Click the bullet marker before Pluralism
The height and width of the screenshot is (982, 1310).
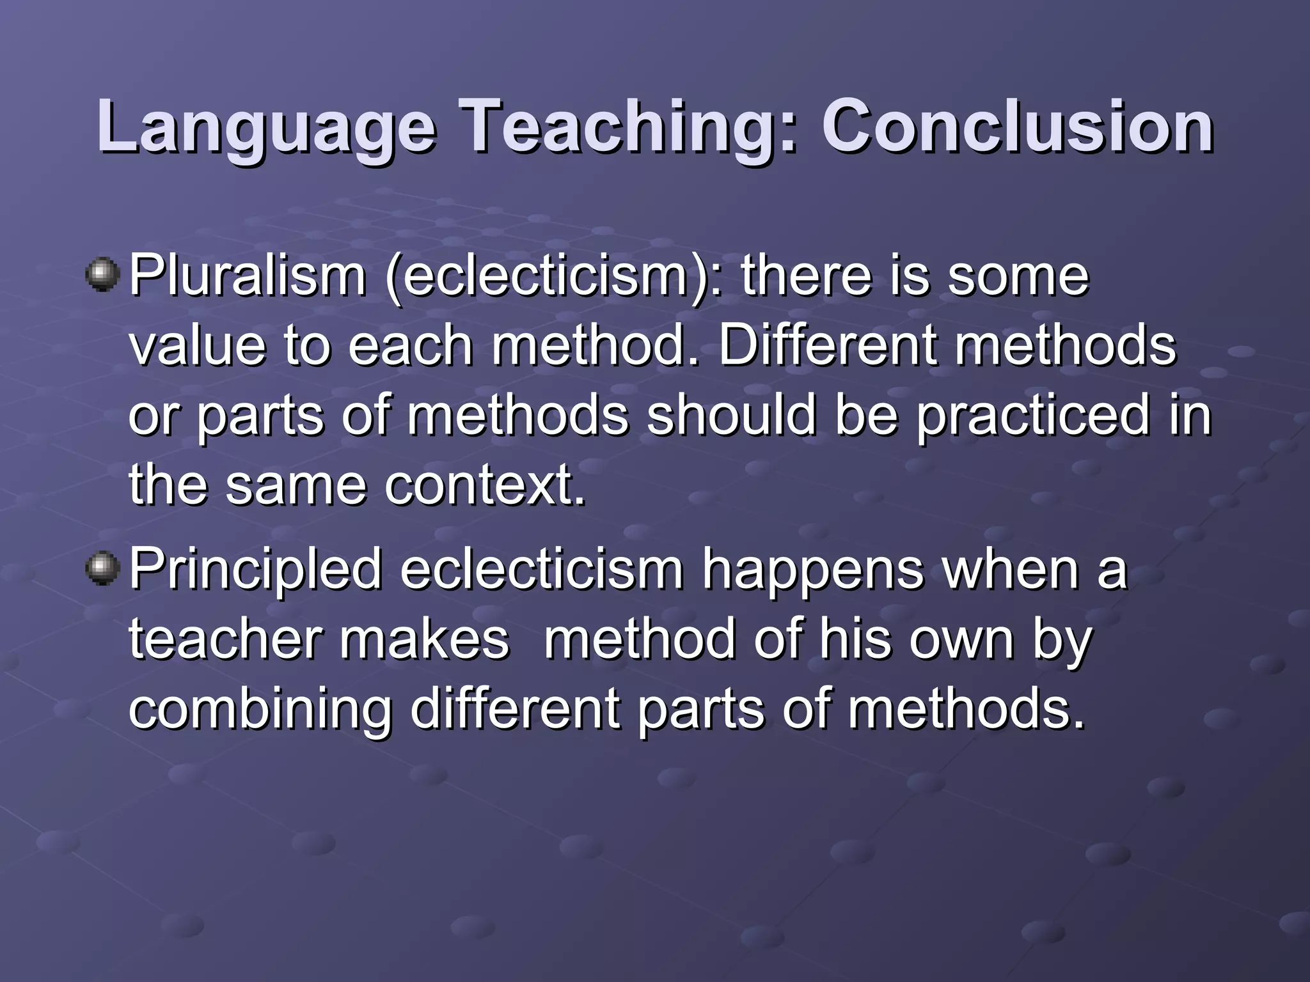coord(102,276)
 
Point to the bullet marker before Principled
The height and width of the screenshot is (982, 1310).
coord(102,568)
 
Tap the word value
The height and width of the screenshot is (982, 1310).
coord(197,346)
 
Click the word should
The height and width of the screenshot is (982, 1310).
coord(732,416)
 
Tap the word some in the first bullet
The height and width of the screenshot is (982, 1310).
coord(1018,277)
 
